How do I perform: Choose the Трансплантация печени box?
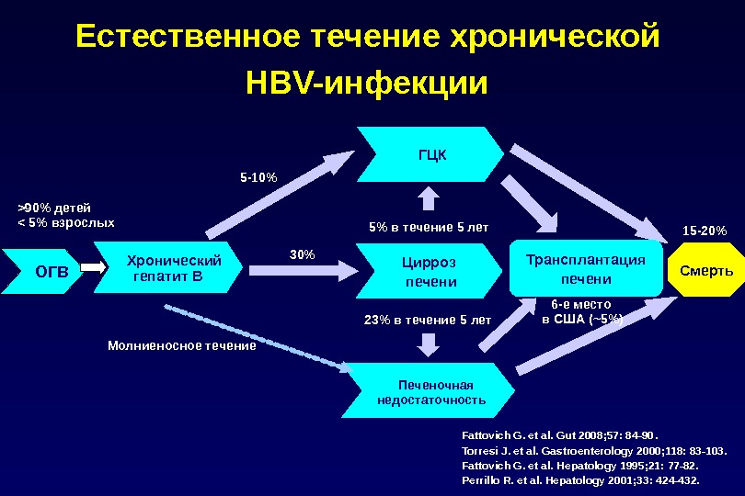click(586, 269)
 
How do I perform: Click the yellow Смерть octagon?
click(705, 271)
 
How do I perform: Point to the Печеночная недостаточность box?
click(431, 391)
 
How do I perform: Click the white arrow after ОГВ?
click(95, 270)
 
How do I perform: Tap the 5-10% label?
click(258, 175)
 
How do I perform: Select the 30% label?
click(303, 253)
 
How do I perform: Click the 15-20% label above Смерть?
click(705, 230)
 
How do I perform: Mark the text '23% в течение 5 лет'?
click(428, 320)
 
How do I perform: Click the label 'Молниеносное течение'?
click(182, 346)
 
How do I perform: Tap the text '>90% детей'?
click(56, 208)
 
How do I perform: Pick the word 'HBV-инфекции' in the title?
click(367, 84)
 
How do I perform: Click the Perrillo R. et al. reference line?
click(580, 479)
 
